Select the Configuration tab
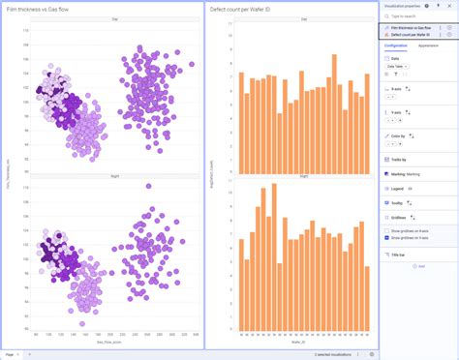395,45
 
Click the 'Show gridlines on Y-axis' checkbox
386,237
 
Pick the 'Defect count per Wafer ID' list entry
411,35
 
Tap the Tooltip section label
398,203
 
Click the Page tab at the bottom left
12,353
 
